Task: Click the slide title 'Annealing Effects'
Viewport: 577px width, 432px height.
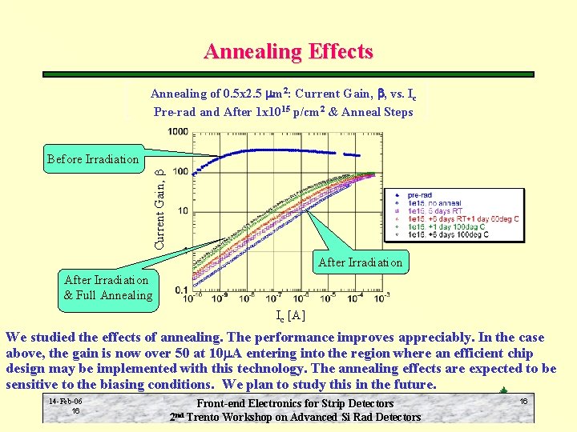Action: pyautogui.click(x=288, y=52)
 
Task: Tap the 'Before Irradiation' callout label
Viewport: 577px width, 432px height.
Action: pyautogui.click(x=92, y=158)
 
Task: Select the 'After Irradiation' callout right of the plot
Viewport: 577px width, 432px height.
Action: pyautogui.click(x=360, y=262)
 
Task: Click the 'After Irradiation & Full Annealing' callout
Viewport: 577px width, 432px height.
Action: pyautogui.click(x=108, y=287)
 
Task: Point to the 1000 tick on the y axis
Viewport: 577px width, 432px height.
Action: pyautogui.click(x=178, y=132)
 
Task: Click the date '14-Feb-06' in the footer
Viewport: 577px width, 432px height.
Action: pyautogui.click(x=65, y=401)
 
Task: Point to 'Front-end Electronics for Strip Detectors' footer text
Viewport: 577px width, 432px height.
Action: pyautogui.click(x=296, y=404)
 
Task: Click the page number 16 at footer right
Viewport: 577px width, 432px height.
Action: pyautogui.click(x=523, y=401)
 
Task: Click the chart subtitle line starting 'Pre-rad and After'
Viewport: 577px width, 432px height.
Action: pyautogui.click(x=283, y=112)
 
